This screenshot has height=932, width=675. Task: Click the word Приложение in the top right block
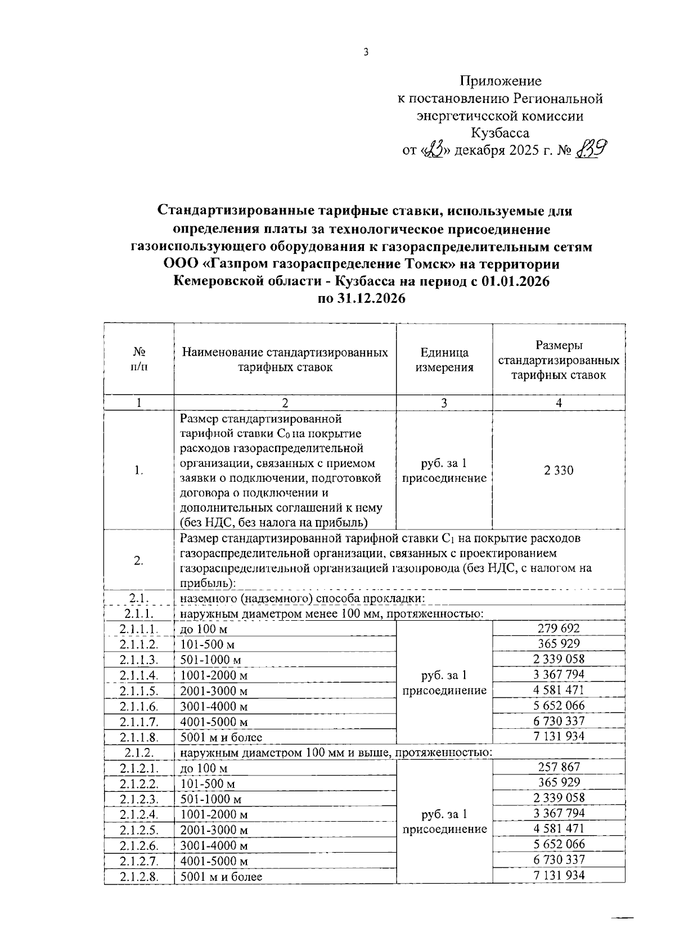pos(500,81)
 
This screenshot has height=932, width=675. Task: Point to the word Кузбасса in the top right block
pos(500,133)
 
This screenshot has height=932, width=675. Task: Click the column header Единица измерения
pos(444,360)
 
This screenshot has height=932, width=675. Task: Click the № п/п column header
pos(138,359)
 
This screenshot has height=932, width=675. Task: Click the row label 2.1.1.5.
pos(138,691)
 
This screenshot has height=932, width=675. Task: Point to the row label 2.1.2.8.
pos(138,876)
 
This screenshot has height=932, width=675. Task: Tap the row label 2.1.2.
pos(138,752)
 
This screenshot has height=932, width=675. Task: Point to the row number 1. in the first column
pos(138,471)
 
